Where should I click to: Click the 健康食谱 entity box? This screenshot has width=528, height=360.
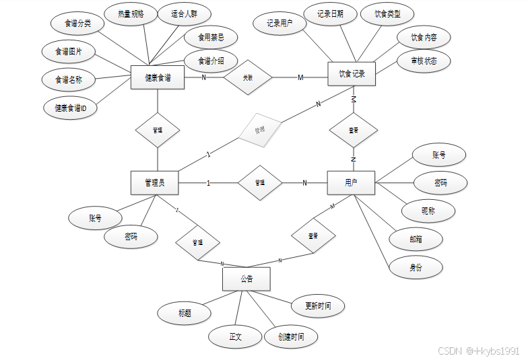[x=158, y=77]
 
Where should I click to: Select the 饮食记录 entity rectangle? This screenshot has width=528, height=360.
[x=351, y=74]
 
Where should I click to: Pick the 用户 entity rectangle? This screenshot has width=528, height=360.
[x=351, y=182]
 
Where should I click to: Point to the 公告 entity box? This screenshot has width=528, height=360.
[x=246, y=279]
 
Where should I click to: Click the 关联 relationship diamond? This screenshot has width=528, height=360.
[x=248, y=77]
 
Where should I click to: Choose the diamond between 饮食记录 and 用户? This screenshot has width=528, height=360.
[x=354, y=130]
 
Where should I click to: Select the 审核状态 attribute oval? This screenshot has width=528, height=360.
[x=422, y=61]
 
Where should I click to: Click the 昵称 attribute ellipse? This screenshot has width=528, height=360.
[x=428, y=211]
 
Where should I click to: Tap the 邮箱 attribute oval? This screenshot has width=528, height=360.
[x=416, y=239]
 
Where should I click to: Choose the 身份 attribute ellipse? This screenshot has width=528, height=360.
[x=416, y=267]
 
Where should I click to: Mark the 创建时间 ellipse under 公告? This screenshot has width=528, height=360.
[x=290, y=336]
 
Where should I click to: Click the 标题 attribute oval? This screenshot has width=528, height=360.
[x=185, y=313]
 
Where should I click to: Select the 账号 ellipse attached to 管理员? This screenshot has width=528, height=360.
[x=95, y=218]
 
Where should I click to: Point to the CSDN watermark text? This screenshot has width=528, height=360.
[x=478, y=351]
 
